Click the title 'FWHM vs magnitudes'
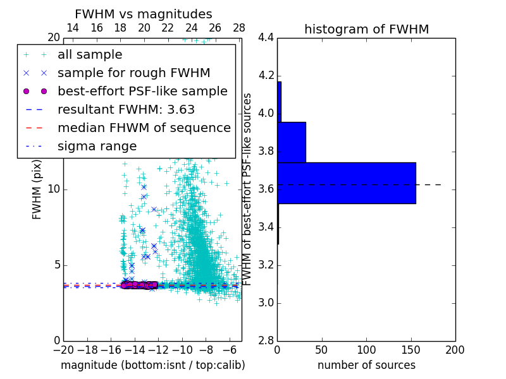[144, 14]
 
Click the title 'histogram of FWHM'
[366, 29]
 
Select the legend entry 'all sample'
[90, 55]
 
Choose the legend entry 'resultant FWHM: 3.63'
[126, 109]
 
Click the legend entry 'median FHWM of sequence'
[144, 128]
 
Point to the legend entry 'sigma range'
[97, 146]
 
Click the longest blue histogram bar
[347, 183]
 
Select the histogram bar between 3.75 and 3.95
[292, 142]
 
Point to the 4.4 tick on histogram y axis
[266, 37]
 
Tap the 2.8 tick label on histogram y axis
[266, 340]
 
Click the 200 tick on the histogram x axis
[455, 349]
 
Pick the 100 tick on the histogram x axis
[366, 349]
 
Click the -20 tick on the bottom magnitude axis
[63, 349]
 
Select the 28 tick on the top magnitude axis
[239, 28]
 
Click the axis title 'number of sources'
[366, 365]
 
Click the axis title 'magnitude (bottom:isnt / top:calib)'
[152, 365]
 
